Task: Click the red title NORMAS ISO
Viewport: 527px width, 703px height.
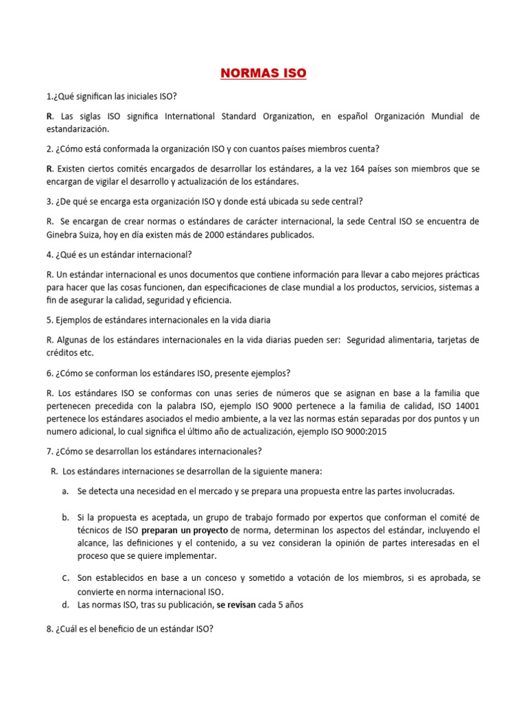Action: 263,73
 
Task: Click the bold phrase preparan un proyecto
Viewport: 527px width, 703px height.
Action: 185,530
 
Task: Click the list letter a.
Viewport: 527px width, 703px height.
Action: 65,492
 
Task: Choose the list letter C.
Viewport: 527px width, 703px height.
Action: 65,578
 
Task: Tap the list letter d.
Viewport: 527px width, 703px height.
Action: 65,605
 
